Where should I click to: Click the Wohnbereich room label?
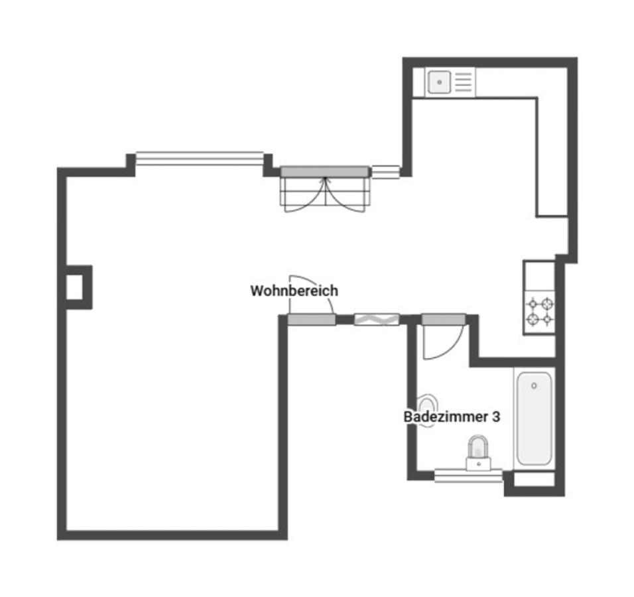click(x=294, y=291)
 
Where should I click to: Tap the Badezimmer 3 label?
click(x=452, y=417)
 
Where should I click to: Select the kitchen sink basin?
click(x=440, y=82)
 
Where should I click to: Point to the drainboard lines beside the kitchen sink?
click(x=464, y=82)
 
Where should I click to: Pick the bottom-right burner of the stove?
click(x=547, y=320)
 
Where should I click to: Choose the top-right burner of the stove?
click(x=547, y=303)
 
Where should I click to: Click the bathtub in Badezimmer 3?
click(x=534, y=418)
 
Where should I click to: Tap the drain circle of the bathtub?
click(x=534, y=386)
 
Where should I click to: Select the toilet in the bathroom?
click(x=479, y=452)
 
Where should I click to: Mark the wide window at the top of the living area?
click(x=200, y=159)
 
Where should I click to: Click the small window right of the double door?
click(x=386, y=172)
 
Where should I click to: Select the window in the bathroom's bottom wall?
click(x=468, y=476)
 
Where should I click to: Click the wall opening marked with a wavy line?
click(x=377, y=320)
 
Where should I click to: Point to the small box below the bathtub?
click(x=534, y=480)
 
